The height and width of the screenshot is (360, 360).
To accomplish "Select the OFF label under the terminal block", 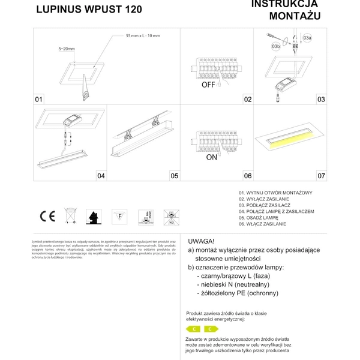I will coord(208,85).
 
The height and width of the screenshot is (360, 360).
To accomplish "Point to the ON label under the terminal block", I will coord(211,158).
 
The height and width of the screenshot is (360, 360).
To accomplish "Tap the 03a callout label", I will coord(307,38).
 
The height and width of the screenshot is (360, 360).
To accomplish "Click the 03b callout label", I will coord(275,46).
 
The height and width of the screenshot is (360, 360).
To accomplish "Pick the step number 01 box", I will coord(39,99).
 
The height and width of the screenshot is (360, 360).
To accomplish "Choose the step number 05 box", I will coord(174,176).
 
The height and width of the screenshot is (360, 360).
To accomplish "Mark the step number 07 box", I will coord(321,176).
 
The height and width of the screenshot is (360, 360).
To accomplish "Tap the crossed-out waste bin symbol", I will coord(70,216).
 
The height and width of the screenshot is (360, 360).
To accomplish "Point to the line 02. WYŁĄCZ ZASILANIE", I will coord(263,199).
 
